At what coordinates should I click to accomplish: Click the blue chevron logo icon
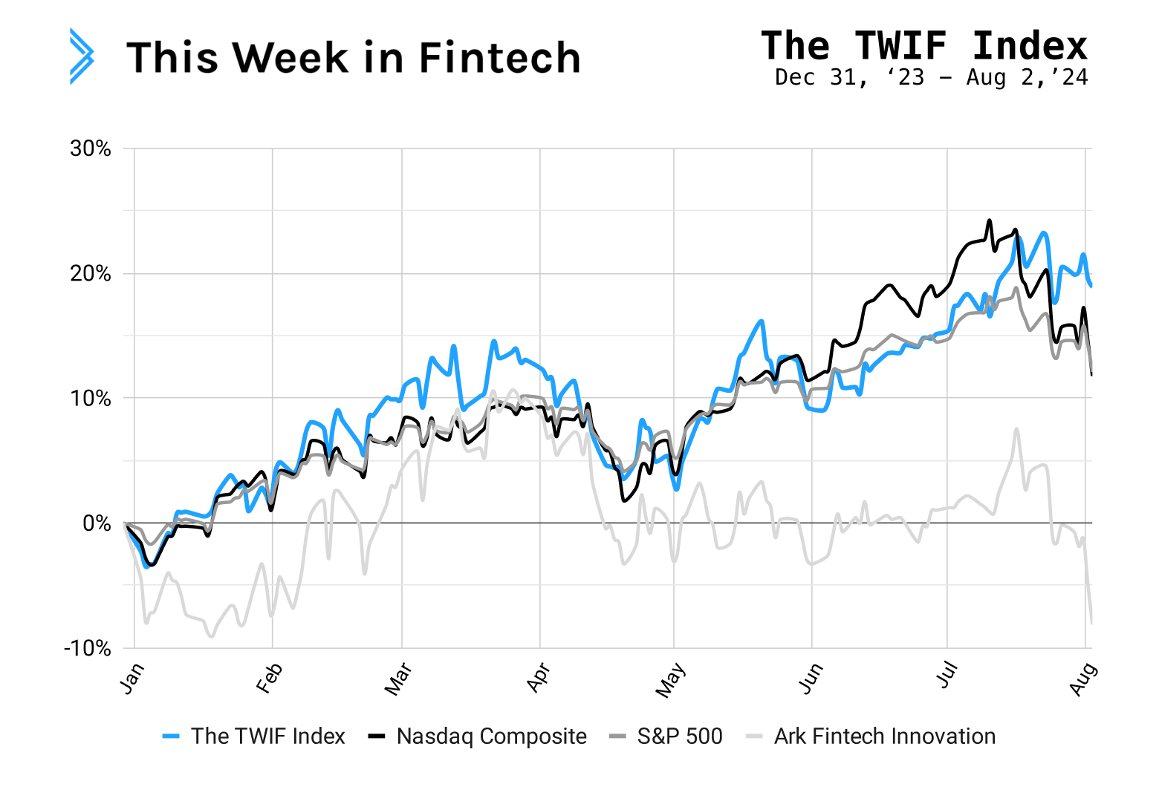pyautogui.click(x=82, y=56)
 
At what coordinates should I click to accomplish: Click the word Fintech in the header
pyautogui.click(x=499, y=58)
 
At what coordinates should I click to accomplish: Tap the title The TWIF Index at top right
pyautogui.click(x=923, y=46)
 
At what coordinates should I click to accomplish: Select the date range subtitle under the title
pyautogui.click(x=931, y=77)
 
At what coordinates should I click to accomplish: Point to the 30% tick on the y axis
pyautogui.click(x=91, y=148)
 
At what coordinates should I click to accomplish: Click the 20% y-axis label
pyautogui.click(x=91, y=274)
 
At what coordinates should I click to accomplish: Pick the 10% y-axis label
pyautogui.click(x=91, y=399)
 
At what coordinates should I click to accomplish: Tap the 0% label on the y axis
pyautogui.click(x=97, y=523)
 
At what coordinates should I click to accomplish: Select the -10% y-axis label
pyautogui.click(x=87, y=648)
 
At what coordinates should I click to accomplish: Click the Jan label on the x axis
pyautogui.click(x=132, y=679)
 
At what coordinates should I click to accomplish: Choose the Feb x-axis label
pyautogui.click(x=269, y=679)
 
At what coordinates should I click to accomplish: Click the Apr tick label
pyautogui.click(x=538, y=679)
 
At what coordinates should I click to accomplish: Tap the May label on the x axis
pyautogui.click(x=670, y=681)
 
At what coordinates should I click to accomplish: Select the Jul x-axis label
pyautogui.click(x=947, y=677)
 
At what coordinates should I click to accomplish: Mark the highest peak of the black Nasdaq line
pyautogui.click(x=989, y=220)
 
